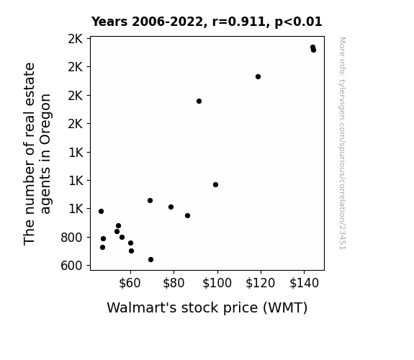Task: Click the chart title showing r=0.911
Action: click(207, 22)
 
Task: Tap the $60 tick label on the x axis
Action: click(130, 283)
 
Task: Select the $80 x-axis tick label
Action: click(174, 283)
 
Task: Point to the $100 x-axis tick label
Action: click(217, 283)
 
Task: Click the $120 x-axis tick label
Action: click(261, 283)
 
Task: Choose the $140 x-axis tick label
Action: click(304, 283)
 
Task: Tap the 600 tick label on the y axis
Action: click(71, 266)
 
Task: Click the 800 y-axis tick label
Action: click(71, 238)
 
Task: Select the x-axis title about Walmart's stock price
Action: click(207, 307)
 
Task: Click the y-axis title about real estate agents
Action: click(37, 153)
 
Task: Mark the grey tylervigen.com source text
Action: click(343, 143)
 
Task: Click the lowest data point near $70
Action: click(150, 260)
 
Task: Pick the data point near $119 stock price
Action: click(258, 76)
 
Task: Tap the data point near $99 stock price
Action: click(216, 184)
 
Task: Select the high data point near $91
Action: click(199, 101)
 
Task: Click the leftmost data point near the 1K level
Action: click(101, 211)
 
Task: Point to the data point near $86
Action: click(188, 215)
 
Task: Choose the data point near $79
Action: click(171, 207)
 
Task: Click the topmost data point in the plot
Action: click(313, 48)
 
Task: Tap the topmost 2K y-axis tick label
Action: click(76, 39)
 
